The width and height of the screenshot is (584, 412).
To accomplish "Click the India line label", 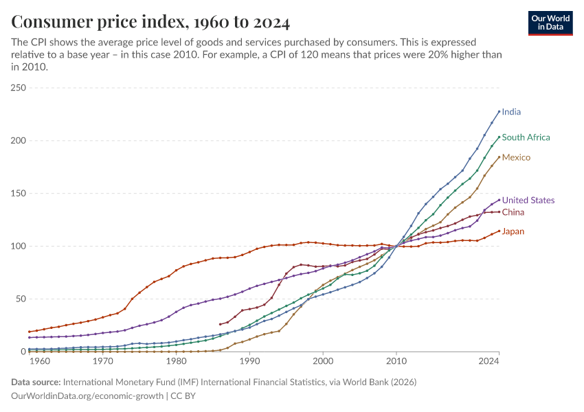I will point(516,111).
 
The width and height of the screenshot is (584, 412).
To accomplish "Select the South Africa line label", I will point(526,137).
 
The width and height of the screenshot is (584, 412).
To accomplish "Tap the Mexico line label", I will point(516,157).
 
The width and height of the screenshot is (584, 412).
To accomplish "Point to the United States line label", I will point(528,201).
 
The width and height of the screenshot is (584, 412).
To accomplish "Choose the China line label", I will point(513,212).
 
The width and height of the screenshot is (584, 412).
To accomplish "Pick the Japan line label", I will point(513,231).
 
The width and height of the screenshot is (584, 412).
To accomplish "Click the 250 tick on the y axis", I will point(18,88).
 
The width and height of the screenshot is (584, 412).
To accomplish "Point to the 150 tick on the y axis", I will point(18,194).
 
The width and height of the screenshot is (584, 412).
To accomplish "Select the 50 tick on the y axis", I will point(20,299).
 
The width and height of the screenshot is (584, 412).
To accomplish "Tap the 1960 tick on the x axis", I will point(40,361).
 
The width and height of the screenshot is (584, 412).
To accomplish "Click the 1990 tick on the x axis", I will point(249,361).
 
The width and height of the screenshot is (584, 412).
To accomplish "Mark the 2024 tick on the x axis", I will point(488,361).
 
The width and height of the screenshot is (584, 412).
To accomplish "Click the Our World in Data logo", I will point(550,23).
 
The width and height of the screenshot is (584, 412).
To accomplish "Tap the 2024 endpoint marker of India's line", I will point(499,111).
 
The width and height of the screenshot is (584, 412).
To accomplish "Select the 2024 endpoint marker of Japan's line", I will point(499,231).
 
